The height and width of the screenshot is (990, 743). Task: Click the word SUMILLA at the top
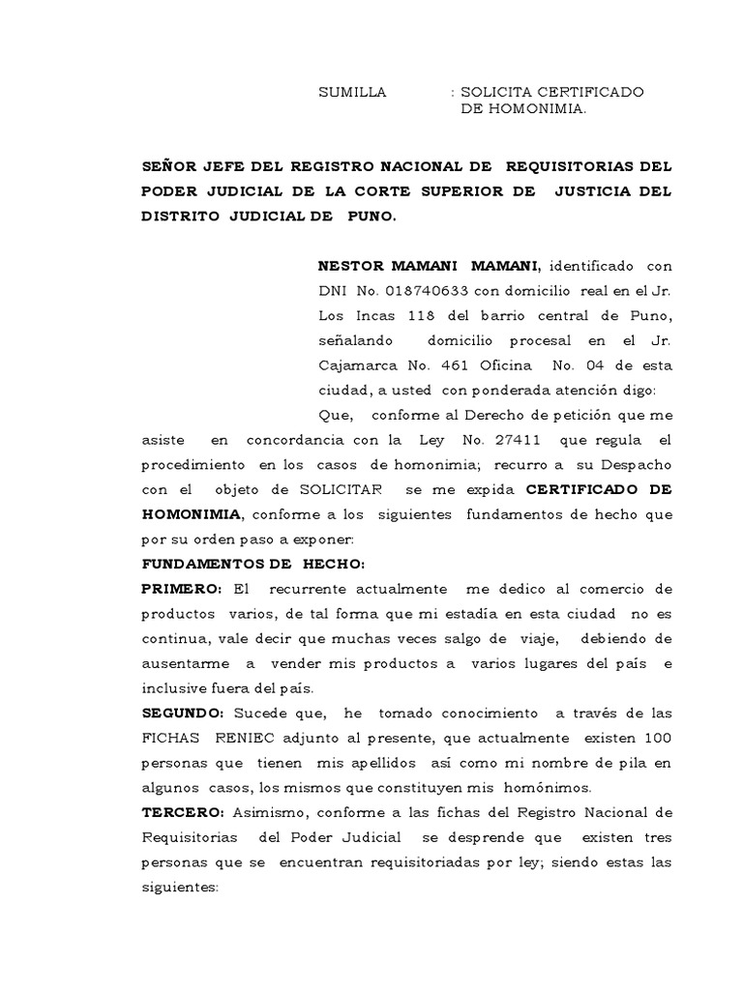353,92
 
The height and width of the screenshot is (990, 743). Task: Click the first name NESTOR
352,266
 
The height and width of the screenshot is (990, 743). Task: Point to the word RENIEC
249,738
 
